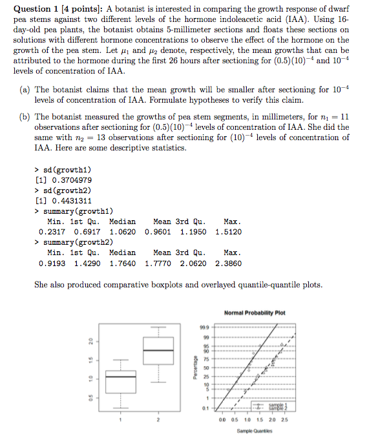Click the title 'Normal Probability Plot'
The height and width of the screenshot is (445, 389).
pos(253,313)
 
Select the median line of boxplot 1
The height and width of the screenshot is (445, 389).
pos(120,376)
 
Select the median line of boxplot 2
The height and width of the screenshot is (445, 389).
pos(157,351)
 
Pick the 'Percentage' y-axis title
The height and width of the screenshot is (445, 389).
pos(192,368)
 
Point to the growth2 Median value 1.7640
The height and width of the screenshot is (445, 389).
pos(122,264)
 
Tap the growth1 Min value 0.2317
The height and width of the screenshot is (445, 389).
pos(52,232)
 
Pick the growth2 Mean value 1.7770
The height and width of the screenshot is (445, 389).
pos(158,264)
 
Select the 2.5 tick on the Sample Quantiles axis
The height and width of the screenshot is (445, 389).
pos(285,419)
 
